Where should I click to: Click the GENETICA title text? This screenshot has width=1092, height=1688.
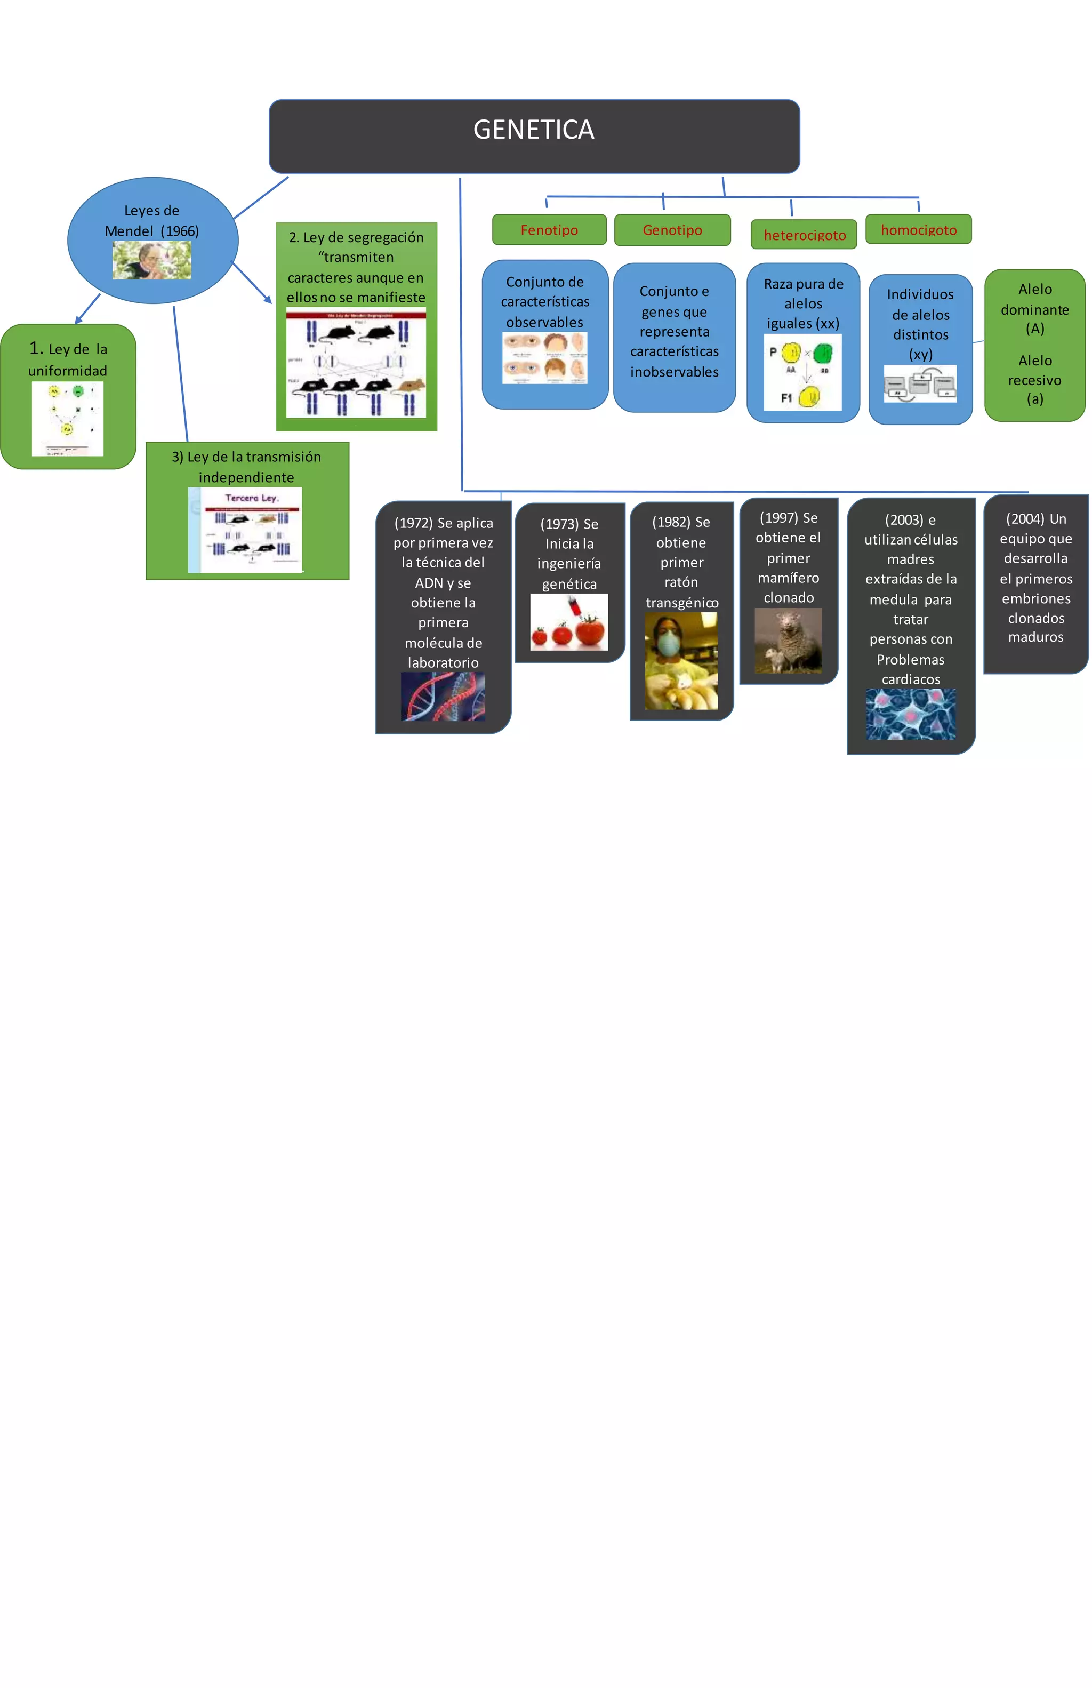click(x=533, y=130)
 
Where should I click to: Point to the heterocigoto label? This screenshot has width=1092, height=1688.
click(x=804, y=235)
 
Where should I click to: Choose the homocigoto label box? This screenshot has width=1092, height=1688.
click(x=918, y=230)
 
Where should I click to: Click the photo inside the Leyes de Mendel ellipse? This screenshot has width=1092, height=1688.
click(x=152, y=260)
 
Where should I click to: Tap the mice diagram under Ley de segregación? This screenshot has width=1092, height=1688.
click(x=356, y=363)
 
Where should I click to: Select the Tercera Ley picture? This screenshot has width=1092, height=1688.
click(x=245, y=530)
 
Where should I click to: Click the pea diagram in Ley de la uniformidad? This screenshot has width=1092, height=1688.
click(x=67, y=419)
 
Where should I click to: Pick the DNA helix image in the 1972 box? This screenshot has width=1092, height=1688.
click(x=443, y=697)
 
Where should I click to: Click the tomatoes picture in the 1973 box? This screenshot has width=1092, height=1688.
click(x=569, y=622)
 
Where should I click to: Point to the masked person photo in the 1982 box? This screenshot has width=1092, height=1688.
click(x=681, y=661)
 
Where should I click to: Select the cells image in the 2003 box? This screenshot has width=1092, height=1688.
click(x=911, y=714)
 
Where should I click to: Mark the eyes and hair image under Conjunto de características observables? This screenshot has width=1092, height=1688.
click(x=544, y=358)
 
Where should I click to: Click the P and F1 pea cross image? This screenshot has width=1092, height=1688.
click(x=802, y=372)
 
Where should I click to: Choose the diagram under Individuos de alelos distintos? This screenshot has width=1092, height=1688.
click(x=920, y=383)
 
